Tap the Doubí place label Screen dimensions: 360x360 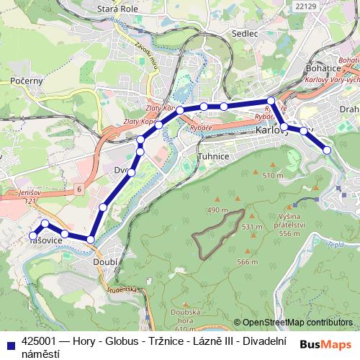(105, 263)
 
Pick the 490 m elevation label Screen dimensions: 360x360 (217, 210)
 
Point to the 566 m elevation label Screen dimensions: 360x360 (248, 262)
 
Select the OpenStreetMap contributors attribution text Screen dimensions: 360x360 (297, 322)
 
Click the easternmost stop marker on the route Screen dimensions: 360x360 (327, 150)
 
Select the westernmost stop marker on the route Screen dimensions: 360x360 (32, 235)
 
